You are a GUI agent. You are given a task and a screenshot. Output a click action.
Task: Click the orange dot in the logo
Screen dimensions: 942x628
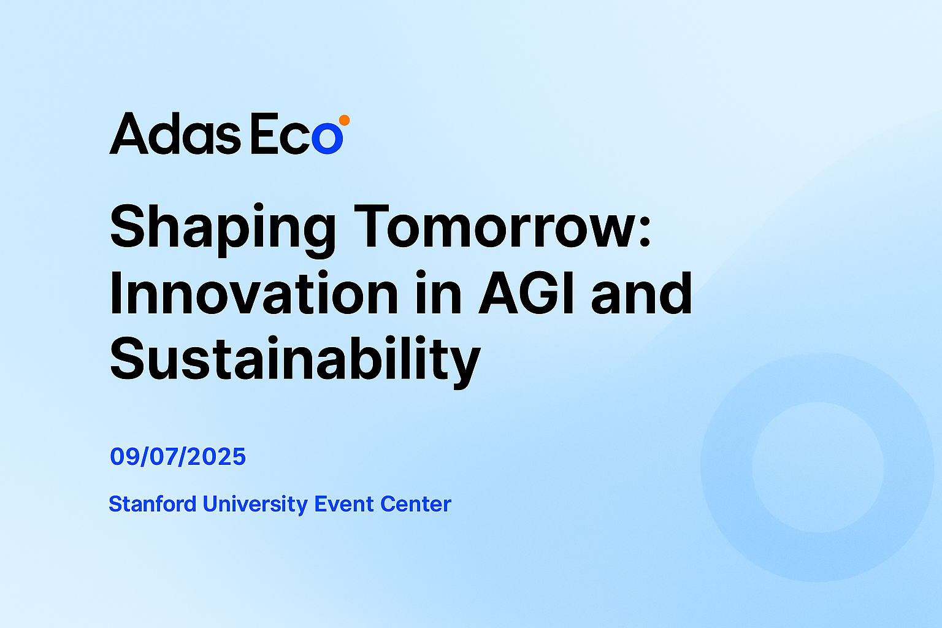point(345,120)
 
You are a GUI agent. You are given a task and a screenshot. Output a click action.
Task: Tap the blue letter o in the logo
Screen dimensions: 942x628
point(327,138)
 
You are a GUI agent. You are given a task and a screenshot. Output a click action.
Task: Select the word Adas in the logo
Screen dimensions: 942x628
point(175,133)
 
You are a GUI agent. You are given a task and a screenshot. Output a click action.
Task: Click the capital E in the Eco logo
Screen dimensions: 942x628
point(264,133)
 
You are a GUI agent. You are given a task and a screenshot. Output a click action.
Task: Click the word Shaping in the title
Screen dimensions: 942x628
point(223,229)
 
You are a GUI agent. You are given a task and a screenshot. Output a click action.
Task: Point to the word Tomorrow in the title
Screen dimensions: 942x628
point(497,226)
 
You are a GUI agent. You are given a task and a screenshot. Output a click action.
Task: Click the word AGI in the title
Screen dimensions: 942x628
point(526,293)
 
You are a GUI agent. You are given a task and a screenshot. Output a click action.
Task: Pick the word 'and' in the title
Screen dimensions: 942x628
point(641,293)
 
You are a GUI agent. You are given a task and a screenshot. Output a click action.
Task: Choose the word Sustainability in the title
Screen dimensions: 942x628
point(295,361)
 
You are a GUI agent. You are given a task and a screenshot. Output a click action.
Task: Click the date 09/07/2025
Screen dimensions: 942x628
point(177,457)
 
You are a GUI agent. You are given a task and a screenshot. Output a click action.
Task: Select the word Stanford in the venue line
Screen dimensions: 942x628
point(153,504)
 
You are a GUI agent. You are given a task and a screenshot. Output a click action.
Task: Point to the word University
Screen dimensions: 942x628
point(255,505)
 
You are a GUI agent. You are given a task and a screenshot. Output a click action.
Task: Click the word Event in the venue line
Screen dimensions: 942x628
point(344,504)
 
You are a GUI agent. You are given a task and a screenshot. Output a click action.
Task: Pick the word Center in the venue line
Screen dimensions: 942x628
point(415,504)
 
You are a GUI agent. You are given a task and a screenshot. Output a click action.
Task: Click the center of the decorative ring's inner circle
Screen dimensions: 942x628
point(818,467)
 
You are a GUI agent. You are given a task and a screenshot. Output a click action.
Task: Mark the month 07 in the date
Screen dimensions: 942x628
point(163,457)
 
